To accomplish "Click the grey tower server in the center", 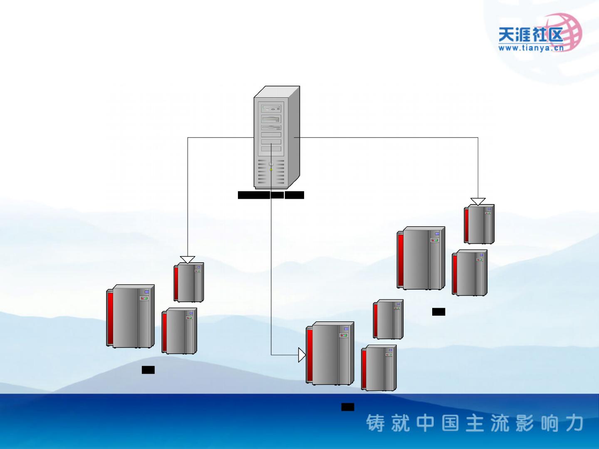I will click(x=276, y=137).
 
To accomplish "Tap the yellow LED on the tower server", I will click(x=271, y=170).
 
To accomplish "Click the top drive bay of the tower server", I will click(x=271, y=109).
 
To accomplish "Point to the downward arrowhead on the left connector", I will click(x=188, y=260).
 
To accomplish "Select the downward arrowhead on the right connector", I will click(x=478, y=202).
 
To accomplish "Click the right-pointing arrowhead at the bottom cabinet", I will click(x=302, y=355).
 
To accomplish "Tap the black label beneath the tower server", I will click(x=271, y=195).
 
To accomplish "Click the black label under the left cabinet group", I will click(x=148, y=370).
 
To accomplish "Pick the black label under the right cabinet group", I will click(x=438, y=312).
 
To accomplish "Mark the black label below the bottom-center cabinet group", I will click(x=348, y=407).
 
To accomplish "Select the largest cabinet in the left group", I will click(x=131, y=316).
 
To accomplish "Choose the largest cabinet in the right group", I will click(x=421, y=258).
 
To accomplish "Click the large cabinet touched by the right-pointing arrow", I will click(x=330, y=353).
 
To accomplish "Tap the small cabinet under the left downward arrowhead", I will click(x=189, y=282).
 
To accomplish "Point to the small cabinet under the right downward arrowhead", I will click(x=479, y=224).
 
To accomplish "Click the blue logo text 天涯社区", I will click(x=531, y=35).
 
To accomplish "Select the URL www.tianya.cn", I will click(x=531, y=48).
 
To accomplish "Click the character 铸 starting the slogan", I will click(x=376, y=423).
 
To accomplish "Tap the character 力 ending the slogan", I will click(x=574, y=423).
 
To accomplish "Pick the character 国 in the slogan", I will click(x=450, y=423).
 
